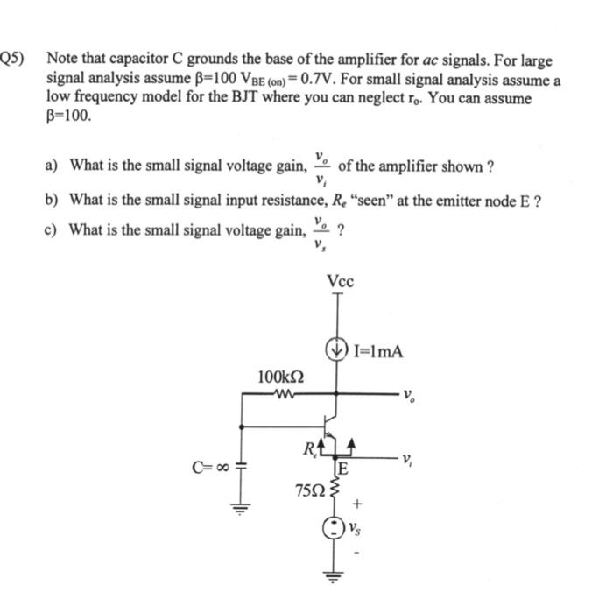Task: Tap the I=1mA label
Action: pyautogui.click(x=378, y=352)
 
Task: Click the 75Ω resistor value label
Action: pyautogui.click(x=308, y=486)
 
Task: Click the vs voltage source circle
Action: pyautogui.click(x=335, y=528)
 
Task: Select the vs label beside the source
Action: pyautogui.click(x=356, y=528)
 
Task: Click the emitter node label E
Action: pyautogui.click(x=344, y=469)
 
